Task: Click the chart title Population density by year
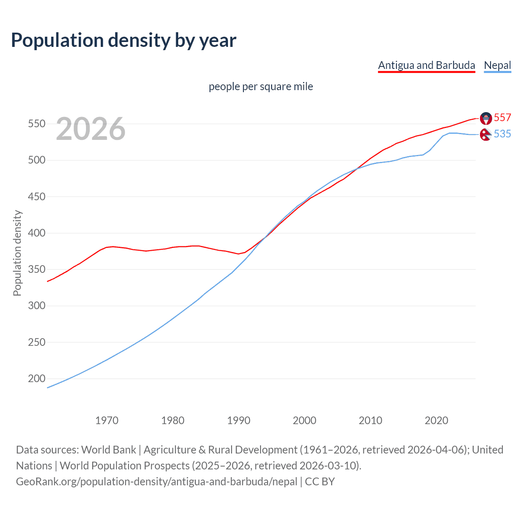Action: click(x=124, y=40)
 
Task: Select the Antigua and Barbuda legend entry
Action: click(x=426, y=65)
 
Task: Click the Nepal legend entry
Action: click(x=497, y=65)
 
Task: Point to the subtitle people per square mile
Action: click(x=261, y=87)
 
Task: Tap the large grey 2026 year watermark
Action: click(x=91, y=129)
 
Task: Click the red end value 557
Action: click(x=502, y=117)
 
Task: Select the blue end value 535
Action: click(x=502, y=134)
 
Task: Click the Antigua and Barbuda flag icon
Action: click(x=486, y=118)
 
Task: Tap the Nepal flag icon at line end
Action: click(x=485, y=134)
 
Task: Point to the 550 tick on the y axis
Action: click(x=36, y=124)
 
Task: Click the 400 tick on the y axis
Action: click(x=36, y=233)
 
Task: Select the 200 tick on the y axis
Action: click(x=36, y=378)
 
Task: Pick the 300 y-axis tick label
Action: click(x=36, y=305)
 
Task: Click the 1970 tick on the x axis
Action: click(x=107, y=420)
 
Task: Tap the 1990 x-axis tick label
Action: click(x=239, y=420)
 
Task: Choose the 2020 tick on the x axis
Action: click(x=436, y=420)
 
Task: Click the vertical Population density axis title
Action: click(x=17, y=253)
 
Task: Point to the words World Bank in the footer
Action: click(x=108, y=450)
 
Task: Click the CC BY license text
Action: click(x=320, y=482)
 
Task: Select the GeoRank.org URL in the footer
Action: click(x=157, y=482)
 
